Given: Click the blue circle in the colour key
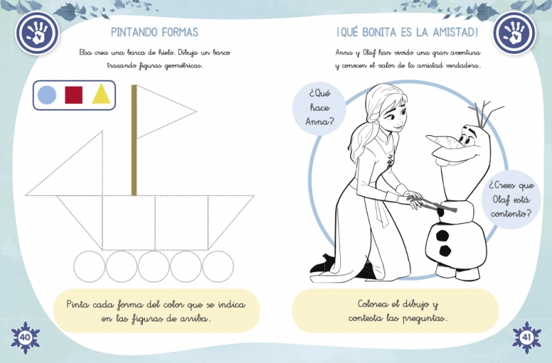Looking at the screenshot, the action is tap(47, 95).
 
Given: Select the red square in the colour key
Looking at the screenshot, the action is tap(74, 95).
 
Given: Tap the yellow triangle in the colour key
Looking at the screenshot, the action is tap(101, 94).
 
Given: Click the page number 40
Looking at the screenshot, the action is tap(25, 338).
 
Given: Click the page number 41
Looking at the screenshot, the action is tap(526, 338).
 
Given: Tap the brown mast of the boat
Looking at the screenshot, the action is tap(134, 140).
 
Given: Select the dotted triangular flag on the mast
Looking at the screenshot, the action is tap(166, 112).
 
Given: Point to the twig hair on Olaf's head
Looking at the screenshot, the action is tap(486, 113).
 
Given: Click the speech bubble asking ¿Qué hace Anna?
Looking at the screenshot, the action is tap(319, 107).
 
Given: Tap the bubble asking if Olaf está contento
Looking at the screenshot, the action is tap(511, 200).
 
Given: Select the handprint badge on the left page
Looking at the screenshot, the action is tap(37, 33).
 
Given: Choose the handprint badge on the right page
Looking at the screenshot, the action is tap(514, 33).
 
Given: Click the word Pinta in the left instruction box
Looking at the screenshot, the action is tap(77, 304).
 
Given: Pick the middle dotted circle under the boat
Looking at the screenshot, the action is tap(153, 267).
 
